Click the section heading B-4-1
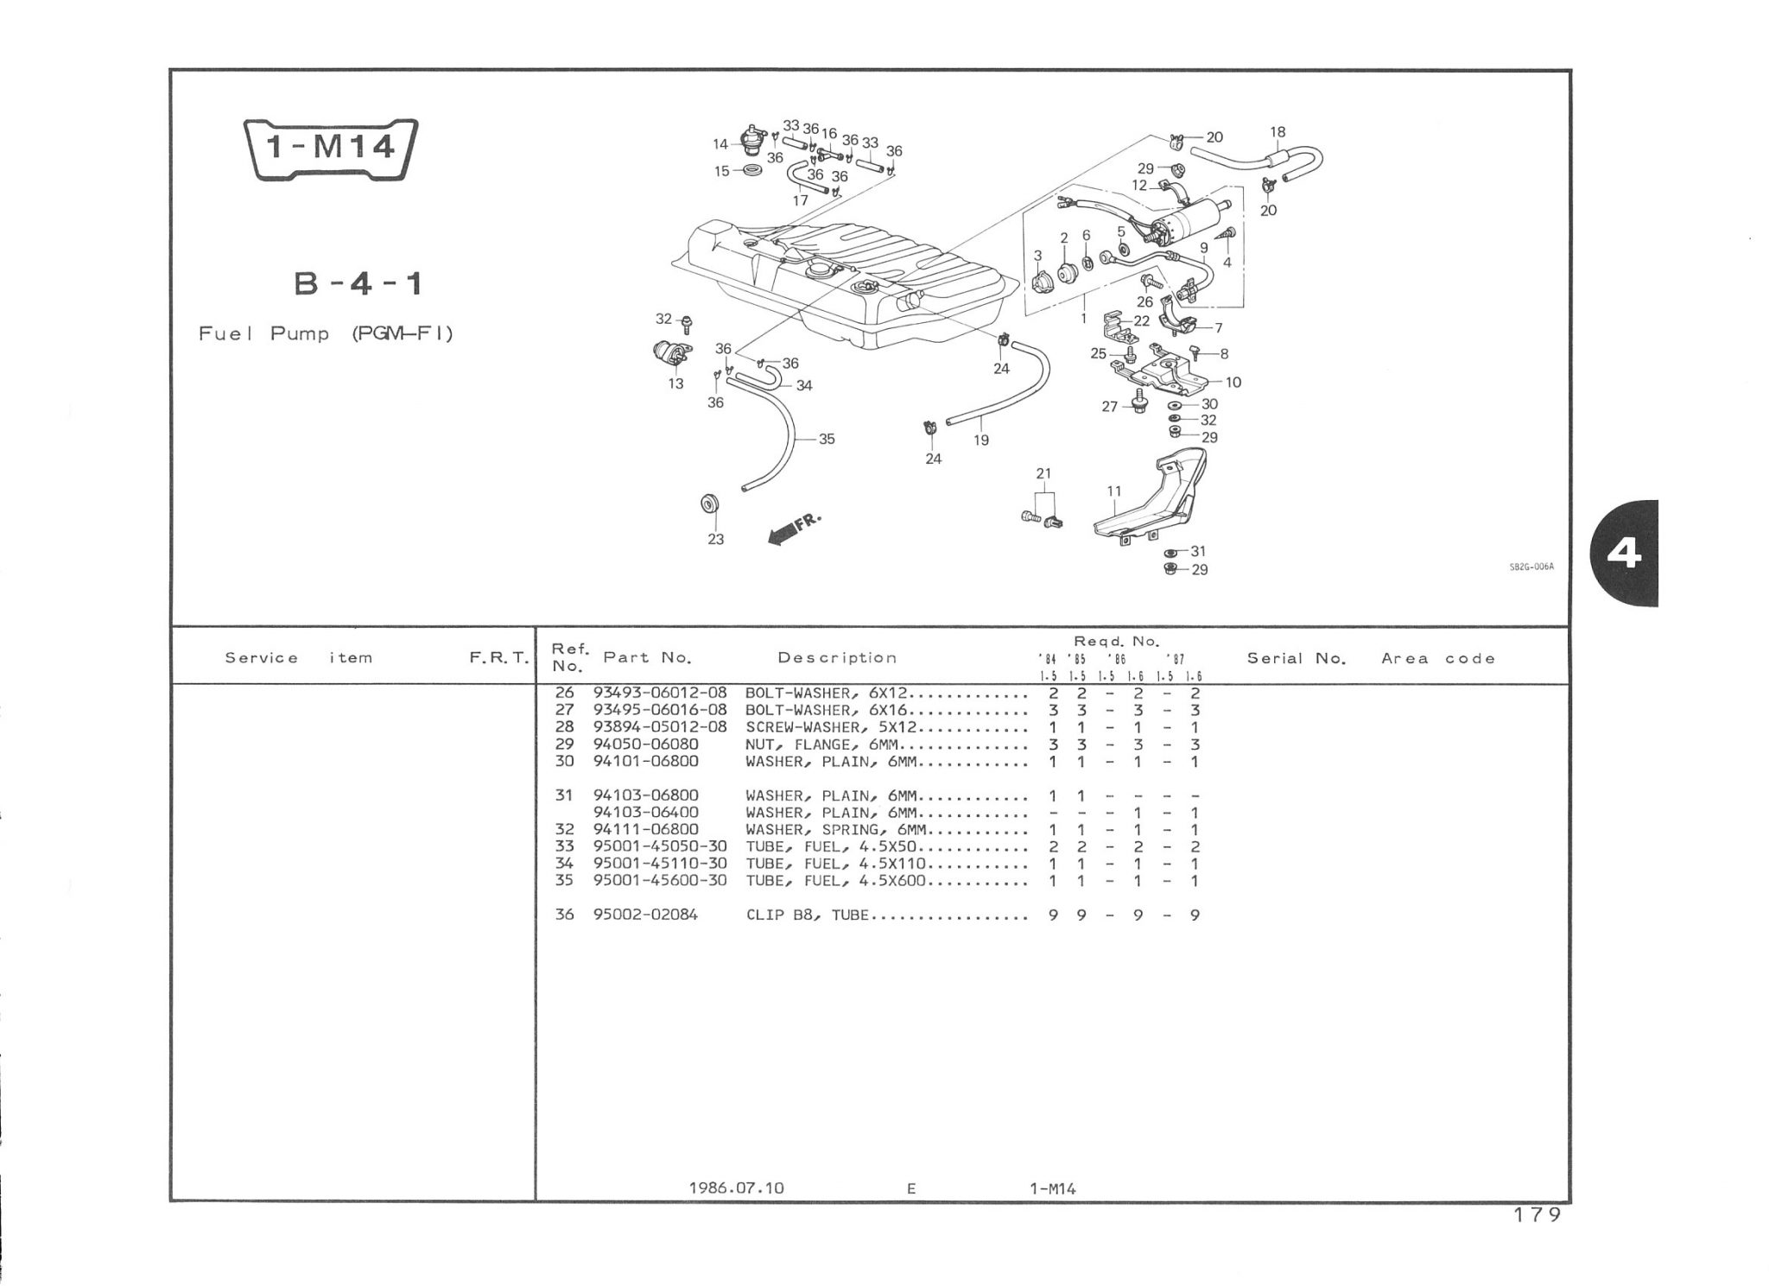coord(358,283)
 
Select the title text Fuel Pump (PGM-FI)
coord(326,333)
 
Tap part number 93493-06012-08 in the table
coord(660,694)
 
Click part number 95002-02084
coord(645,915)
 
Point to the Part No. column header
coord(648,657)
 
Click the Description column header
coord(837,657)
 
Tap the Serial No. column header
coord(1297,658)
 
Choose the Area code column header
coord(1438,658)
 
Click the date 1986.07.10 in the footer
coord(736,1188)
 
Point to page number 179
coord(1538,1215)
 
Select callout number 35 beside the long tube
coord(827,439)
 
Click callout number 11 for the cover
coord(1114,491)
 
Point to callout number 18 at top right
coord(1278,132)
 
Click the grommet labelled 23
coord(712,504)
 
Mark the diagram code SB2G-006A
coord(1531,567)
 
